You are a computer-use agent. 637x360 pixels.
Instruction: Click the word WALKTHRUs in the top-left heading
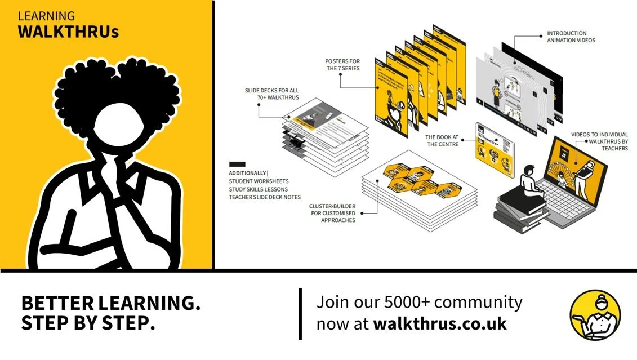pyautogui.click(x=68, y=32)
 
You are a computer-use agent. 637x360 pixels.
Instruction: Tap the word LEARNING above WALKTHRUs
pyautogui.click(x=46, y=16)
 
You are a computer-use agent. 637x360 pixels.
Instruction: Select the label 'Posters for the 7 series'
pyautogui.click(x=342, y=65)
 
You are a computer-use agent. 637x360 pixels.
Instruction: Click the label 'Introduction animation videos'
pyautogui.click(x=571, y=37)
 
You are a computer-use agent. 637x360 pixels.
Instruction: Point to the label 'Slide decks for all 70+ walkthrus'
pyautogui.click(x=271, y=94)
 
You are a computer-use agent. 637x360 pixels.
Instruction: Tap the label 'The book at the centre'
pyautogui.click(x=443, y=140)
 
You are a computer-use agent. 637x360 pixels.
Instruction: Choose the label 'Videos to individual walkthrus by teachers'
pyautogui.click(x=599, y=141)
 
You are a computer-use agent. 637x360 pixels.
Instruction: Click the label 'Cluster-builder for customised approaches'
pyautogui.click(x=332, y=213)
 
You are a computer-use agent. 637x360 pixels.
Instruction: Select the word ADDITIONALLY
pyautogui.click(x=248, y=173)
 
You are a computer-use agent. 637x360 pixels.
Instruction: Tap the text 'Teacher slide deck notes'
pyautogui.click(x=265, y=197)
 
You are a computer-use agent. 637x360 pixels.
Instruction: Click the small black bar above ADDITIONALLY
pyautogui.click(x=237, y=164)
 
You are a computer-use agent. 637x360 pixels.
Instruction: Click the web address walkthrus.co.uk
pyautogui.click(x=440, y=324)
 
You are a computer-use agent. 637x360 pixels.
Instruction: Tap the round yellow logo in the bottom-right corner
pyautogui.click(x=595, y=315)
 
